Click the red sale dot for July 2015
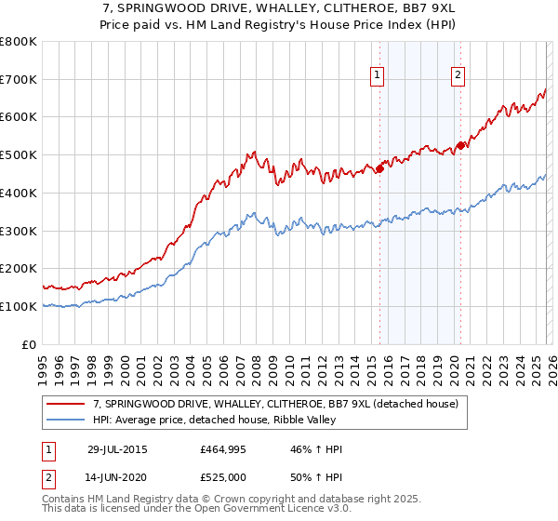[x=379, y=168]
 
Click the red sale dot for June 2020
[x=460, y=145]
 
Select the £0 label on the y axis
[x=30, y=344]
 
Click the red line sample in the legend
[x=67, y=405]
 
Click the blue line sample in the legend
[x=67, y=421]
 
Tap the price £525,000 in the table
[x=222, y=476]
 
